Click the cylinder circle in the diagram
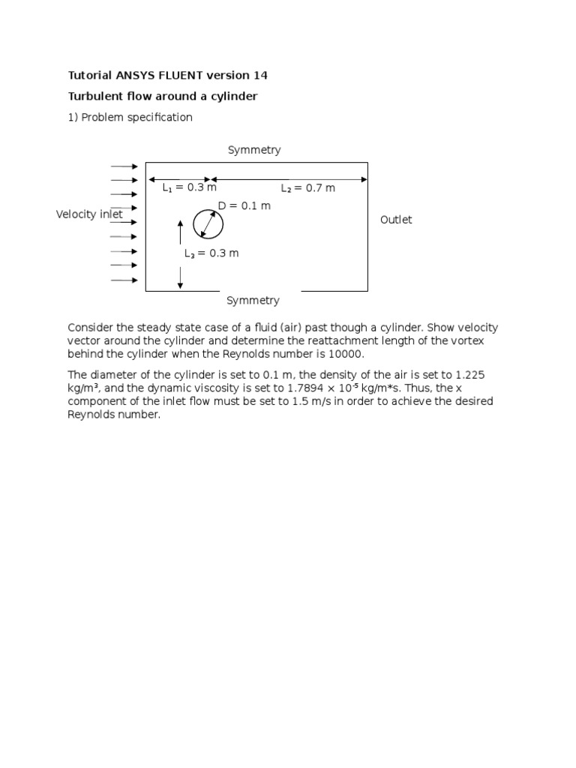coord(208,224)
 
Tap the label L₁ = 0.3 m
coord(190,188)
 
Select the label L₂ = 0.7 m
coord(307,188)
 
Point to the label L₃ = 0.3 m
coord(211,253)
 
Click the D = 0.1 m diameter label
coord(244,206)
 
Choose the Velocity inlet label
coord(89,214)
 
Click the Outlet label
coord(396,220)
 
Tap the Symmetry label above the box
coord(254,150)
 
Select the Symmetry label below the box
coord(253,301)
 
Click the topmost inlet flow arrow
coord(124,166)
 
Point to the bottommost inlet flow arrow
coord(124,280)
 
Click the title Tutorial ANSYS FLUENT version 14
coord(168,75)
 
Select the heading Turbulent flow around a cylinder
coord(163,96)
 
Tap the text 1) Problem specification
coord(130,117)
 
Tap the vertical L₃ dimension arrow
coord(180,254)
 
